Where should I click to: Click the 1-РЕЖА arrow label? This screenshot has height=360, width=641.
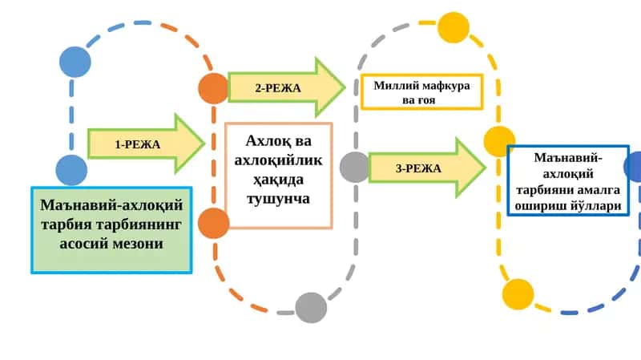137,144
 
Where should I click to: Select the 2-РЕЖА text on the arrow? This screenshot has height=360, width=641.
278,88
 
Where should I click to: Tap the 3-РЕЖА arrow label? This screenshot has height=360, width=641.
418,168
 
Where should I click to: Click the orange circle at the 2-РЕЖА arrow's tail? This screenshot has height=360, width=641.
213,88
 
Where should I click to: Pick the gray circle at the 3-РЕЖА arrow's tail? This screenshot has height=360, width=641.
355,167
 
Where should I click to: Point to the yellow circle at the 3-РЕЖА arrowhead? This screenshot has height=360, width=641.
499,141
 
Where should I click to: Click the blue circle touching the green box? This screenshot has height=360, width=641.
71,170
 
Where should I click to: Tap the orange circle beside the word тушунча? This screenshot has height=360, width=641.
213,223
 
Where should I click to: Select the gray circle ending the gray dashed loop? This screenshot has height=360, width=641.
311,308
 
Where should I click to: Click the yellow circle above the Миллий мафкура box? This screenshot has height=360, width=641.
454,27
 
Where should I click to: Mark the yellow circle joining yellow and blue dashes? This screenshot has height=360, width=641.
518,294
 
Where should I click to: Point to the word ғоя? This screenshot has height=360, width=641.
426,100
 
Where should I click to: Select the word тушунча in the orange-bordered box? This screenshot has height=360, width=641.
278,199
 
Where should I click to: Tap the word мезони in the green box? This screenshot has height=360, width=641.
139,244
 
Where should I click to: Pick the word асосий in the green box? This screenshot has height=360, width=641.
86,244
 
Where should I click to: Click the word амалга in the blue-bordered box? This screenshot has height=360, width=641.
599,190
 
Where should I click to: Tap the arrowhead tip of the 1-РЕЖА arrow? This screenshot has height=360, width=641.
204,144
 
